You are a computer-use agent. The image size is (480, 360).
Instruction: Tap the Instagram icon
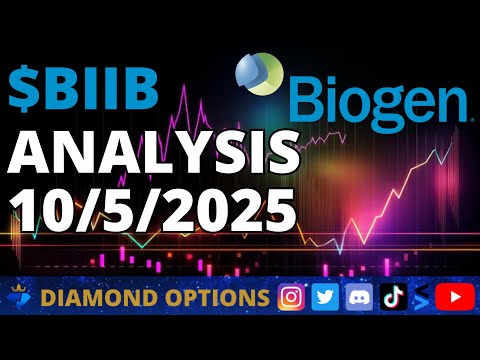tap(292, 297)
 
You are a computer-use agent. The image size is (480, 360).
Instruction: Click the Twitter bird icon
tap(325, 297)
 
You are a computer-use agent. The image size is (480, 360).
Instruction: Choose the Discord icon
tap(357, 297)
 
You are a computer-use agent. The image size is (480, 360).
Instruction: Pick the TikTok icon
tap(389, 297)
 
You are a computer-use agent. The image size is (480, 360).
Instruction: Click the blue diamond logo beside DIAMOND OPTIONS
tap(21, 297)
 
